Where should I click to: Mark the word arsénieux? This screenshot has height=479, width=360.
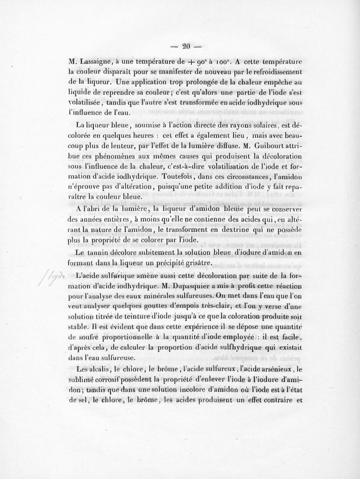tap(267, 370)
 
